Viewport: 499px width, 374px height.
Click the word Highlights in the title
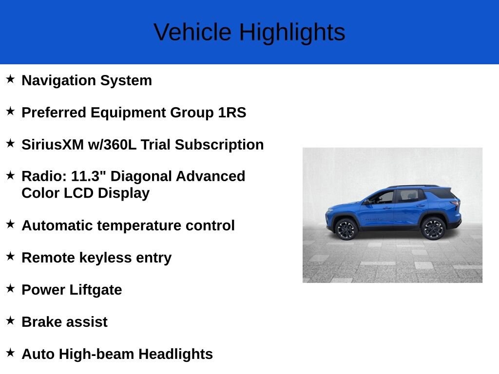tap(292, 33)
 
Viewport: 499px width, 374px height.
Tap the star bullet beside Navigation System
tap(11, 79)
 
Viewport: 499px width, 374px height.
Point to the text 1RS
tap(232, 112)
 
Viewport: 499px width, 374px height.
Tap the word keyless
tap(105, 258)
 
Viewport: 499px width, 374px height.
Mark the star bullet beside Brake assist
tap(11, 320)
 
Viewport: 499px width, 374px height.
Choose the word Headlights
tap(175, 355)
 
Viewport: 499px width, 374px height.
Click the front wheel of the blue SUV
tap(346, 229)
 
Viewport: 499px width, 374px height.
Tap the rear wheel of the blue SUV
tap(433, 228)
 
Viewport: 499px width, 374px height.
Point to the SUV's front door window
tap(383, 197)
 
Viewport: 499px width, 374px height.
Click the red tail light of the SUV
tap(456, 203)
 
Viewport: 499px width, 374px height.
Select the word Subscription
tap(219, 145)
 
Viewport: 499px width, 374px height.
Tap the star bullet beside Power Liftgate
tap(11, 288)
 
